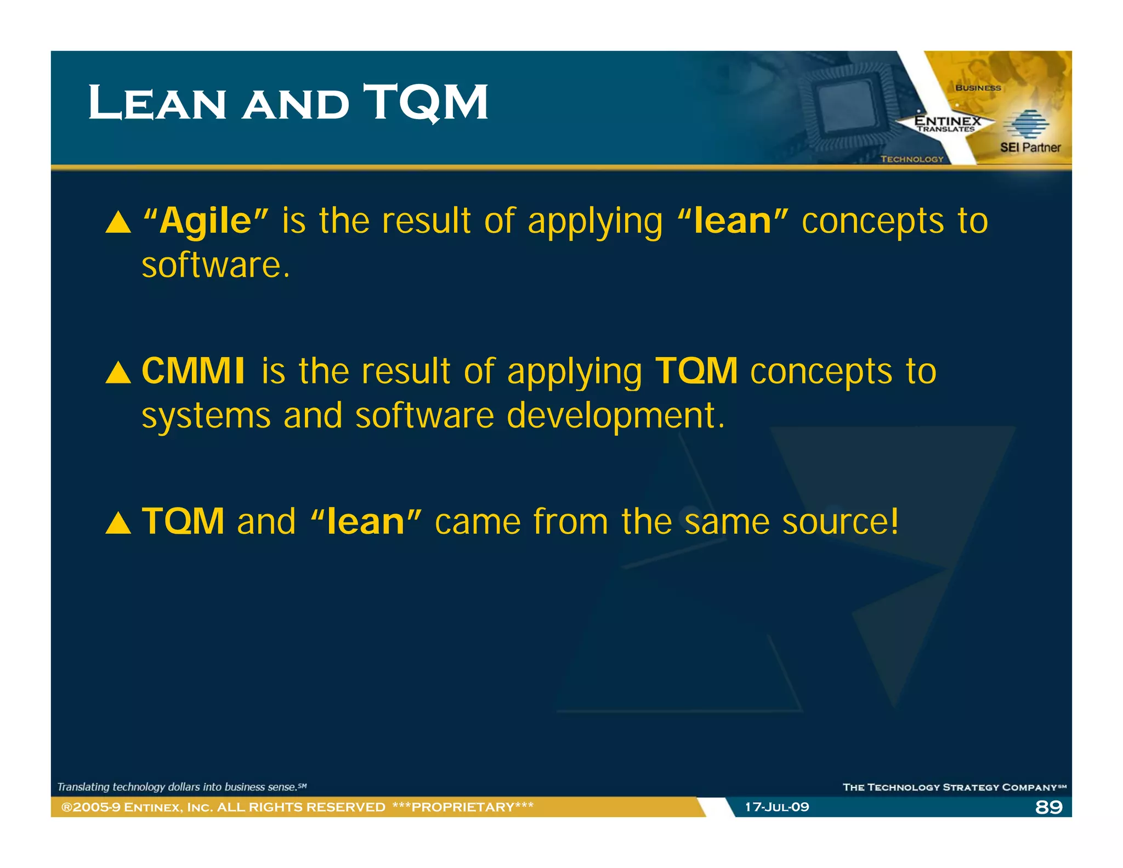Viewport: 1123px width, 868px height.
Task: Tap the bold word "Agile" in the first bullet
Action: (x=206, y=221)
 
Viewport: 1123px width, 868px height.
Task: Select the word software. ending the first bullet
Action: (x=215, y=265)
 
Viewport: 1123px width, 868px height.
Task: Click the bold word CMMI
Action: (x=193, y=371)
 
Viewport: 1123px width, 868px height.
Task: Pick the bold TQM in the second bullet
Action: (x=696, y=371)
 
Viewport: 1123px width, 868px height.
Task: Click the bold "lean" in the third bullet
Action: (x=366, y=521)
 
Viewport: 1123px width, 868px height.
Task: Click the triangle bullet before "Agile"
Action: (x=118, y=223)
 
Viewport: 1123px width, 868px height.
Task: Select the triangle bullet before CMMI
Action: (x=118, y=373)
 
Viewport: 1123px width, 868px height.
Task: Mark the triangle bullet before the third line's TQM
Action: (x=118, y=523)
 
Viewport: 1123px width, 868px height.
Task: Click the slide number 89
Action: (x=1048, y=807)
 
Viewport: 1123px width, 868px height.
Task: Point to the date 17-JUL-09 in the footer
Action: (x=776, y=807)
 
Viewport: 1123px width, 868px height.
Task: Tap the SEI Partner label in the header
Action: (x=1030, y=148)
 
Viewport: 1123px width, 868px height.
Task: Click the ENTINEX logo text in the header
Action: (x=947, y=121)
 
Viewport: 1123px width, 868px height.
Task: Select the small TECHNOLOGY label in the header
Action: (x=912, y=159)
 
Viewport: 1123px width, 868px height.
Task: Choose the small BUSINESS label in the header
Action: (x=978, y=88)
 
